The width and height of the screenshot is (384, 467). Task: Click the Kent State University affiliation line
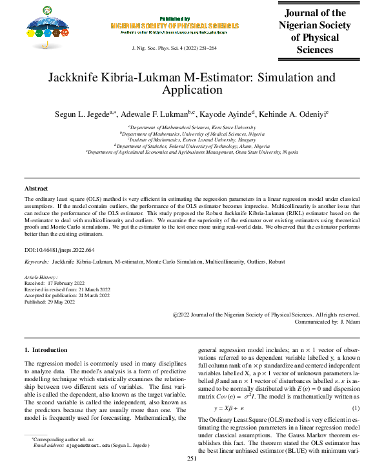[192, 128]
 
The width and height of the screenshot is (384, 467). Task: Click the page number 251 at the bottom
[192, 459]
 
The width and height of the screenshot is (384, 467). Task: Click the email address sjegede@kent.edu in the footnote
[86, 445]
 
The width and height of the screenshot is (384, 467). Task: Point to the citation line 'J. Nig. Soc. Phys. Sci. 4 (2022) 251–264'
[174, 49]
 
